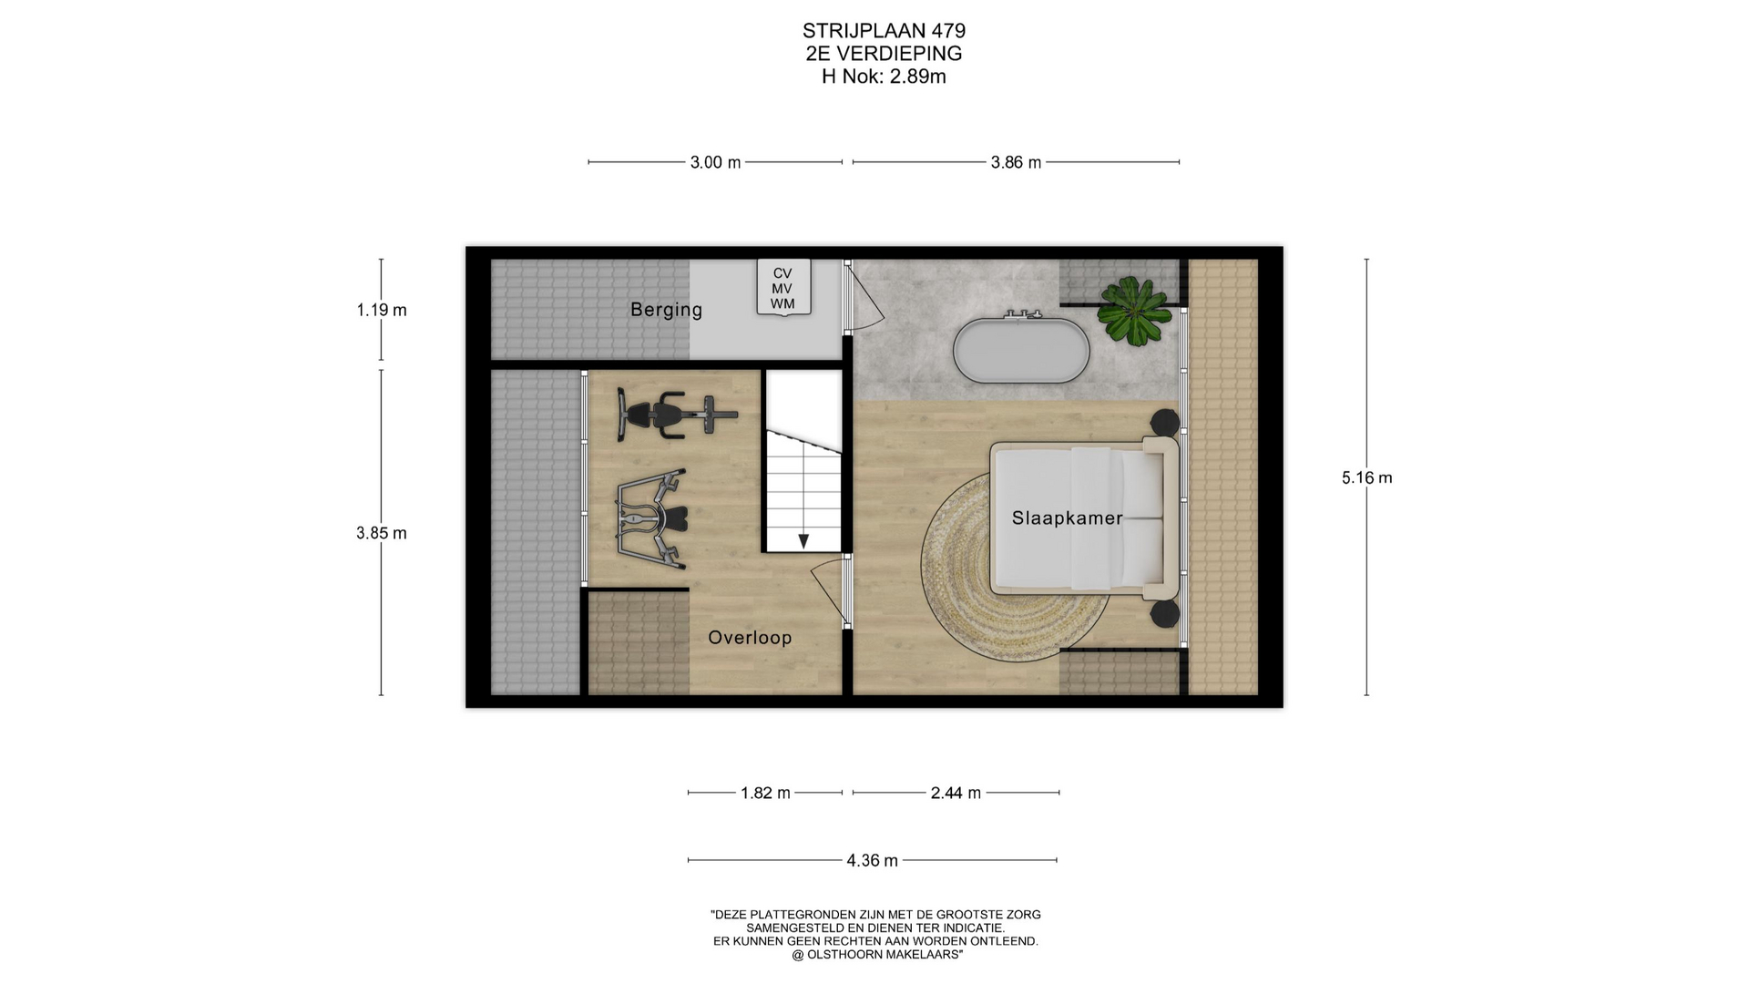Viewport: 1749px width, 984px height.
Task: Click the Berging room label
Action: (666, 310)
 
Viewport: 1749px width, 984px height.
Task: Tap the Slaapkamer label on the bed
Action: (1067, 518)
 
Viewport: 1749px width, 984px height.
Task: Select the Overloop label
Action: (750, 638)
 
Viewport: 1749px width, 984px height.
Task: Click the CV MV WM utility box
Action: (782, 288)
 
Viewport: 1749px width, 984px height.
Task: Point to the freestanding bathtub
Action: (1021, 348)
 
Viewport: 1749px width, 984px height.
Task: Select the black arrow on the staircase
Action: (803, 541)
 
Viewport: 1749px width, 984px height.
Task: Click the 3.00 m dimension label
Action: (715, 162)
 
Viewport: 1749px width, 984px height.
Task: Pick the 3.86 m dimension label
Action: (1016, 162)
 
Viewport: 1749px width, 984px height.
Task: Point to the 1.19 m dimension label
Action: (382, 310)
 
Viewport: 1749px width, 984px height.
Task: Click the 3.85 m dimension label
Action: (382, 533)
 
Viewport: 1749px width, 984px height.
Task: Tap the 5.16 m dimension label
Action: (1366, 477)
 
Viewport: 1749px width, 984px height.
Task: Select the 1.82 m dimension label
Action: (765, 793)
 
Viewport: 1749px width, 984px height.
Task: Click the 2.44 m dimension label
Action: (956, 793)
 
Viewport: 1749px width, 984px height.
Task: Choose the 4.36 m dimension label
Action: (872, 860)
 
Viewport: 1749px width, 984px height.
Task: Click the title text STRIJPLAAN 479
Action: (884, 31)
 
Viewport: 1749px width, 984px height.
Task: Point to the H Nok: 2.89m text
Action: (884, 77)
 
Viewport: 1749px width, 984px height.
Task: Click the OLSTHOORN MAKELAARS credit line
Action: (877, 955)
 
